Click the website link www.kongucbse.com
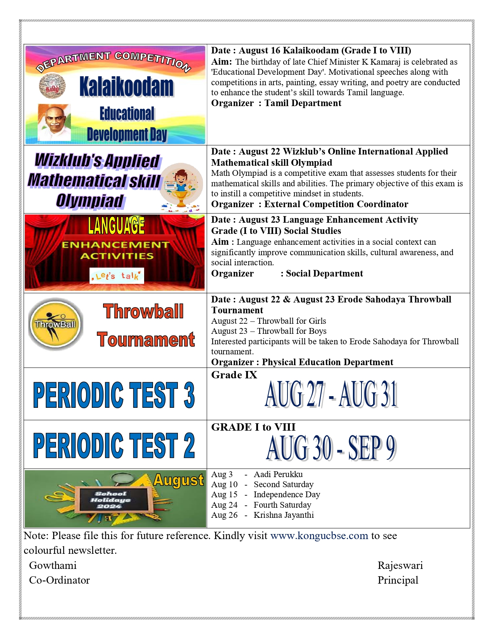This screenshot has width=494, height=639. pyautogui.click(x=319, y=536)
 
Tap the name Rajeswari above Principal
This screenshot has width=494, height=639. pyautogui.click(x=400, y=565)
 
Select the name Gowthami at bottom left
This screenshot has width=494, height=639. pyautogui.click(x=53, y=565)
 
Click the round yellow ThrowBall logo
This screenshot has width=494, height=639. pyautogui.click(x=55, y=324)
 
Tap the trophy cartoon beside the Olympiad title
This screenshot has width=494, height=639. pyautogui.click(x=181, y=187)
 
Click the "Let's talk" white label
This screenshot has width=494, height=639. pyautogui.click(x=117, y=276)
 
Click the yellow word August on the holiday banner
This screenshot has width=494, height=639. pyautogui.click(x=179, y=480)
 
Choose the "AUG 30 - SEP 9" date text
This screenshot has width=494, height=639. pyautogui.click(x=331, y=448)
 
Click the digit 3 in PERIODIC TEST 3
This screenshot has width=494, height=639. pyautogui.click(x=189, y=395)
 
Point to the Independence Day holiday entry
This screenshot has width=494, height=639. pyautogui.click(x=287, y=495)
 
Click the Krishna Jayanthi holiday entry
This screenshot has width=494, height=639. pyautogui.click(x=284, y=515)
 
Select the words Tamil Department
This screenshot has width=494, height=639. pyautogui.click(x=303, y=103)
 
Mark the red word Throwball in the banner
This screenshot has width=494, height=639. pyautogui.click(x=143, y=311)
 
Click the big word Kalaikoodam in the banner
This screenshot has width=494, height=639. pyautogui.click(x=126, y=86)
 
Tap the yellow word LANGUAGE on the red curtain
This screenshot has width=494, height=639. pyautogui.click(x=116, y=225)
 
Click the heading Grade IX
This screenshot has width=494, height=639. pyautogui.click(x=234, y=375)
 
